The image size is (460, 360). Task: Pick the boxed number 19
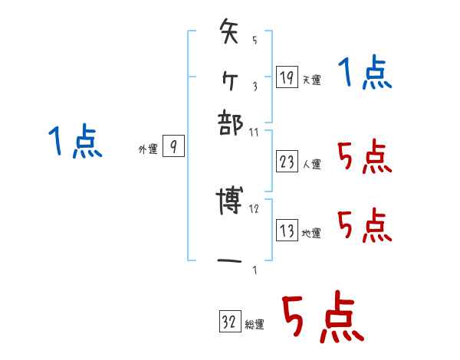coord(286,77)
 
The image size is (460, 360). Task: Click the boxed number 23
coord(287,162)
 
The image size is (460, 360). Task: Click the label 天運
coord(312,80)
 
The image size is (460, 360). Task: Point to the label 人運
coord(312,164)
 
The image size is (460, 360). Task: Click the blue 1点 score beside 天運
coord(365,74)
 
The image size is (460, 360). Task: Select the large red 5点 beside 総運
coord(322,319)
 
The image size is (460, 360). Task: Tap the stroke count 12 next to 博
coord(255,208)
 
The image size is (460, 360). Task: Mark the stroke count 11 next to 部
coord(255,132)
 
